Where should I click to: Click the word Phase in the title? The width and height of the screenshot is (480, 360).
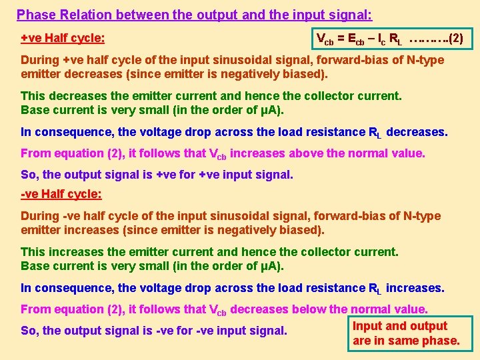click(35, 14)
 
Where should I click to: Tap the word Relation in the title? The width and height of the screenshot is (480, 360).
click(82, 14)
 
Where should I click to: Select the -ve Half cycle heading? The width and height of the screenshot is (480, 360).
click(61, 194)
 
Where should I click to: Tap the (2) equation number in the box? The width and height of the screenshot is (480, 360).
click(456, 39)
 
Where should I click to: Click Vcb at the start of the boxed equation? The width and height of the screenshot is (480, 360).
click(325, 39)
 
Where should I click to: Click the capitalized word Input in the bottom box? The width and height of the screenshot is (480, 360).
click(367, 326)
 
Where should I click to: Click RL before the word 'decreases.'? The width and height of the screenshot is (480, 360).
click(375, 132)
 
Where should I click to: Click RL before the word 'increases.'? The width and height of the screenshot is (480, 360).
click(375, 289)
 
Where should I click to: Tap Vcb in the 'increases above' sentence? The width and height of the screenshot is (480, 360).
click(218, 154)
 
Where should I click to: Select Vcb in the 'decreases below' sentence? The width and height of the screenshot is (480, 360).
click(218, 310)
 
